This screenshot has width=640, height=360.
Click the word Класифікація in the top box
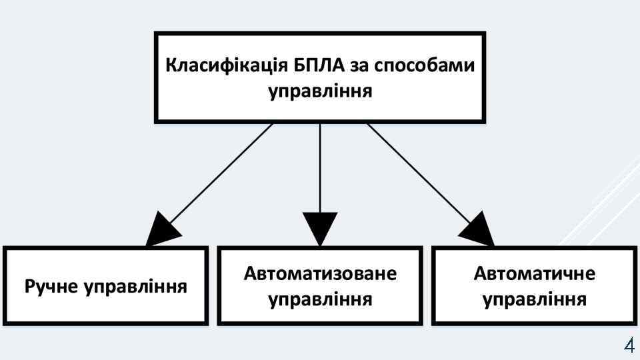tap(226, 67)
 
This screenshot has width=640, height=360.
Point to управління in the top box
tap(320, 91)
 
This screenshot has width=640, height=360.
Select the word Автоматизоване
tap(320, 274)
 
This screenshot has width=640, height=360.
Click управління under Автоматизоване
tap(320, 299)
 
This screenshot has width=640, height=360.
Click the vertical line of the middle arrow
tap(320, 167)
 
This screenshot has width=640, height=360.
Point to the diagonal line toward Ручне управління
tap(220, 175)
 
